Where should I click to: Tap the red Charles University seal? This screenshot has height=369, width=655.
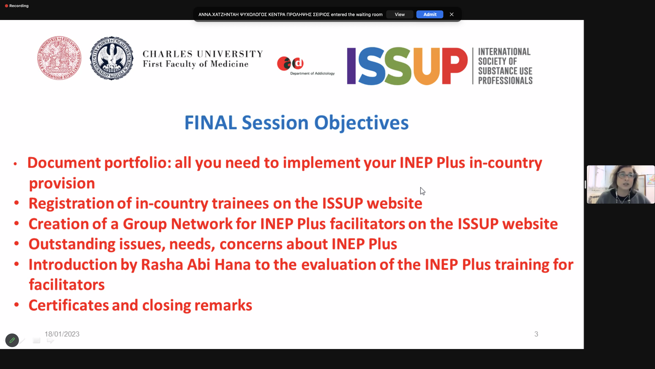(59, 58)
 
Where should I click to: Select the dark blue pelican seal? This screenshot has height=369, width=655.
(112, 58)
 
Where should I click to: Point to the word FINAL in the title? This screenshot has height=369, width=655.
(210, 123)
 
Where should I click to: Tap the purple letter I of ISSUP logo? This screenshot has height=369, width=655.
(351, 66)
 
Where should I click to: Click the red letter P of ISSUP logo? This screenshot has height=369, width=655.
(455, 66)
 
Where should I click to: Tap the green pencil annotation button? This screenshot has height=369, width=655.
(12, 340)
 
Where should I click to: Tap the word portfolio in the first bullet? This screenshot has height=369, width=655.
(137, 163)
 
